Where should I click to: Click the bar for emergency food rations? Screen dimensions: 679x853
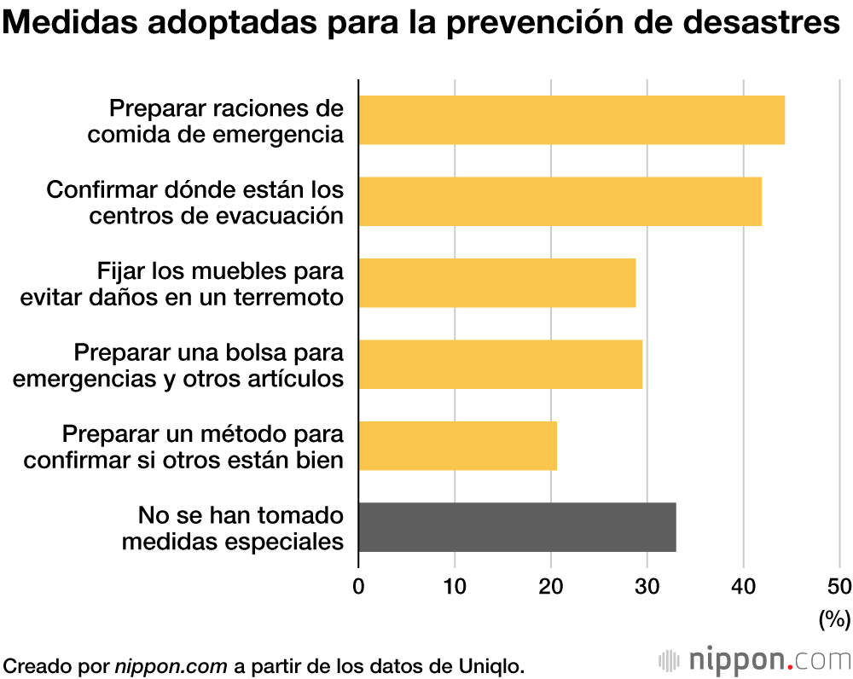[x=572, y=120]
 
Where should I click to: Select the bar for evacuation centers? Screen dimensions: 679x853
[x=560, y=201]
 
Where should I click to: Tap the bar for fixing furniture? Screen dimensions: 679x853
[x=496, y=283]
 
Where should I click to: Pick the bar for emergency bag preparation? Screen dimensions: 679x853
[x=500, y=364]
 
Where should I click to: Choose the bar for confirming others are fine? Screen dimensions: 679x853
[x=457, y=445]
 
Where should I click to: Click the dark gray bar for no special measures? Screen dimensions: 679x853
[x=517, y=527]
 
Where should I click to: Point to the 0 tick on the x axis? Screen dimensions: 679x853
[x=358, y=586]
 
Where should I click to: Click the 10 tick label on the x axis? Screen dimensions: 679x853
[x=455, y=586]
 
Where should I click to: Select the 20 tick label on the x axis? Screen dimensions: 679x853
[x=551, y=586]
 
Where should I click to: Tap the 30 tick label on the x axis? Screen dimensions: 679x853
[x=647, y=586]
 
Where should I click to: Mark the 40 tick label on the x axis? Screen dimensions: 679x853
[x=744, y=586]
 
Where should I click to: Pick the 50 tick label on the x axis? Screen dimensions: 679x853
[x=839, y=586]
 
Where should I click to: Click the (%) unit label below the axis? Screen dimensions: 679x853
[x=834, y=618]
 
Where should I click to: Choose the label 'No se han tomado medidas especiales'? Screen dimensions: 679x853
[x=233, y=528]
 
